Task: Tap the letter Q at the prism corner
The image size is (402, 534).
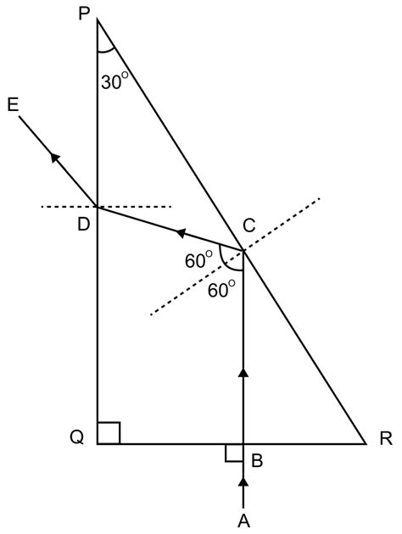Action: pos(76,438)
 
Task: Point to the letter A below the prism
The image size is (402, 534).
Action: pos(244,519)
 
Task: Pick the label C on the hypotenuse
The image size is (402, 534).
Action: pos(249,225)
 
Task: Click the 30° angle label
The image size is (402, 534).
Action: pos(116,82)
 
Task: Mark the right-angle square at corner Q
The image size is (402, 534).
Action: pos(109,432)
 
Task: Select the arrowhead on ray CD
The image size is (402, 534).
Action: pos(179,231)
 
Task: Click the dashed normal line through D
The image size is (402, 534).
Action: pos(136,206)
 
